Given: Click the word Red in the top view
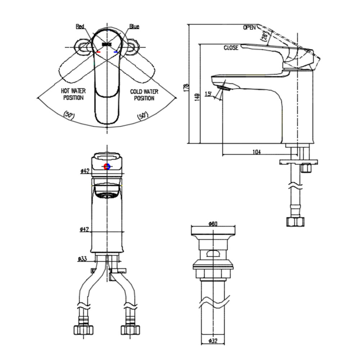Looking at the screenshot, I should click(x=80, y=26).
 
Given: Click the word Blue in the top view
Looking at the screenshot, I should click(x=134, y=26).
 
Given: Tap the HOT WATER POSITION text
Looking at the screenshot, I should click(x=73, y=95).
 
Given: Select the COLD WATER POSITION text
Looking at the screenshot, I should click(x=144, y=95).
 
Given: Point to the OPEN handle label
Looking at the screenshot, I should click(x=249, y=27).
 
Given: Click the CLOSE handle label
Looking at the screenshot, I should click(x=231, y=48).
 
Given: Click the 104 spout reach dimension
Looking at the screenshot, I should click(x=256, y=152).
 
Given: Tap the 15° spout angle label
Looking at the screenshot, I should click(x=208, y=94).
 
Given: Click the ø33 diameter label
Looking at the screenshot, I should click(x=83, y=258).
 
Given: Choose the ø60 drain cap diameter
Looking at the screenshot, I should click(x=213, y=224).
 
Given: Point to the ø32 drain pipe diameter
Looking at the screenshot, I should click(x=213, y=341).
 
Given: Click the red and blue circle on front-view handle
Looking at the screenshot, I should click(x=107, y=166).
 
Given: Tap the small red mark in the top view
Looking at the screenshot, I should click(x=98, y=52).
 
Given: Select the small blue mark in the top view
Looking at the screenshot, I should click(x=116, y=52).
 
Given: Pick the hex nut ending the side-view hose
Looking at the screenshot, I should click(x=295, y=221).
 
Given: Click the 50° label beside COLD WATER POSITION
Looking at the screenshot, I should click(x=142, y=116).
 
